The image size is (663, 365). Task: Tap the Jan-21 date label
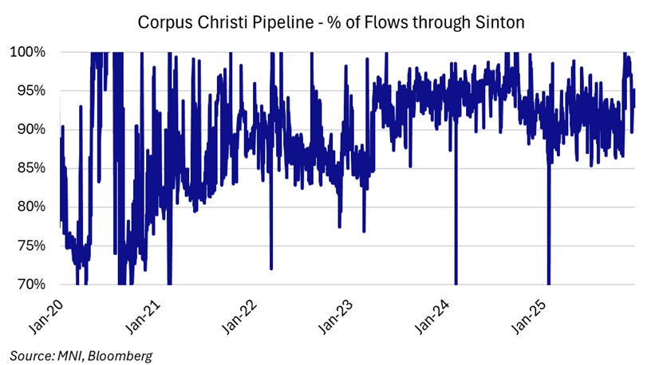pyautogui.click(x=146, y=312)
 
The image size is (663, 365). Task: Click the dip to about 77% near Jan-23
pyautogui.click(x=364, y=230)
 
